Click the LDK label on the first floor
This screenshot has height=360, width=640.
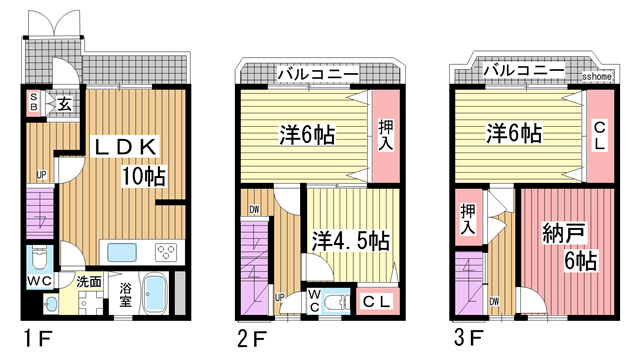[x=125, y=147]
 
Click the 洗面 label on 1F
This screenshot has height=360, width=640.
[x=89, y=283]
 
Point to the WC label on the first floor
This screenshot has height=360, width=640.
[x=39, y=283]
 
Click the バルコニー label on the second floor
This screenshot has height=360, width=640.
[x=317, y=72]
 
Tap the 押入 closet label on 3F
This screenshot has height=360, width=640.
[x=469, y=218]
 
